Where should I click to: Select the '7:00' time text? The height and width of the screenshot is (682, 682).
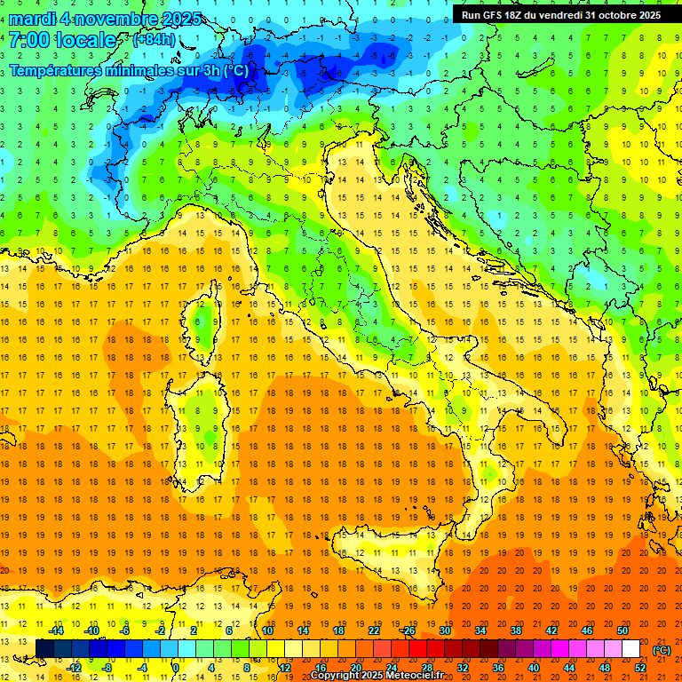click(27, 40)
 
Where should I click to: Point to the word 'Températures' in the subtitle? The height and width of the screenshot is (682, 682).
click(56, 69)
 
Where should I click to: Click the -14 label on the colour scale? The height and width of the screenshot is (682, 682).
click(57, 630)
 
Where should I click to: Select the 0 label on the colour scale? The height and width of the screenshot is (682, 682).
click(176, 668)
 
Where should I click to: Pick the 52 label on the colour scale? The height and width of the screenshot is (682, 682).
click(640, 668)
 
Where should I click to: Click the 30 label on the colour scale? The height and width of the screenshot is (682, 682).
click(444, 630)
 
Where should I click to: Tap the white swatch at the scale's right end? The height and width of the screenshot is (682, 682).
click(631, 649)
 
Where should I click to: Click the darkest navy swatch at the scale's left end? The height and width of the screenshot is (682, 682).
click(44, 649)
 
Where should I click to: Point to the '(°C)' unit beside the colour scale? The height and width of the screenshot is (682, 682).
click(661, 650)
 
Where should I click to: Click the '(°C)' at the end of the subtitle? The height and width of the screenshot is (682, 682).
click(235, 69)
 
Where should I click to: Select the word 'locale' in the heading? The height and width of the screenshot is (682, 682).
click(85, 40)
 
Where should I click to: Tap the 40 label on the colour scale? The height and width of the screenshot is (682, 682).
click(533, 668)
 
